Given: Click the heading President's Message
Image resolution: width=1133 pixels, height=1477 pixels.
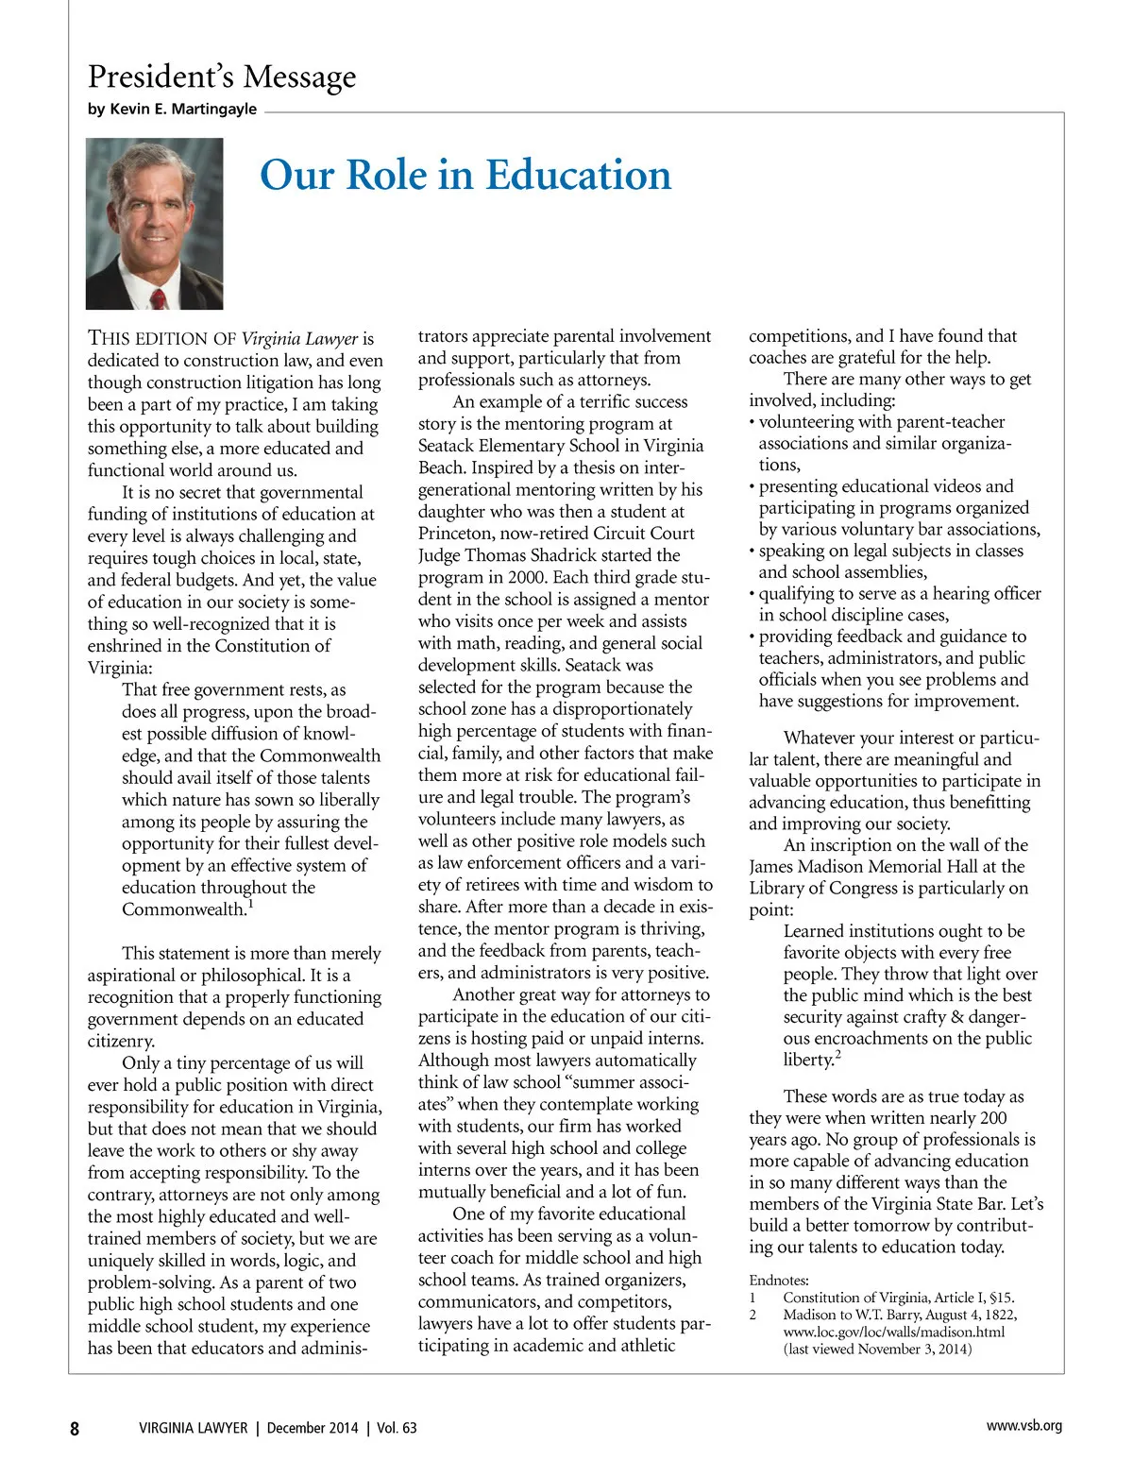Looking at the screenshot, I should (x=222, y=76).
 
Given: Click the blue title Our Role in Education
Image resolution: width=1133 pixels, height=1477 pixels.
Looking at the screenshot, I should (x=465, y=176).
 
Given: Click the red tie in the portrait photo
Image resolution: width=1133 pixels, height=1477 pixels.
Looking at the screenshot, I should (x=159, y=297).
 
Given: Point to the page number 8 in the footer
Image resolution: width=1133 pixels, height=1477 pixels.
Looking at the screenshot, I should (x=75, y=1428).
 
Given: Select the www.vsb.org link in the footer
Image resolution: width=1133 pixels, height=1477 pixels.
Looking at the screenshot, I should (x=1023, y=1426).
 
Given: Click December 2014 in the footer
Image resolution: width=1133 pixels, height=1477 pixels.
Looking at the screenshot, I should (x=313, y=1428).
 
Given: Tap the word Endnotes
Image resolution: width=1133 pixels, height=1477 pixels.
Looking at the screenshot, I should (x=779, y=1281).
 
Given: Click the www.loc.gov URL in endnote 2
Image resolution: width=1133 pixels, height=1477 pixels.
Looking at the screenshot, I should (x=893, y=1332).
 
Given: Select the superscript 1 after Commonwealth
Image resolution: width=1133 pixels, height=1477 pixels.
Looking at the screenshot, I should (x=250, y=904).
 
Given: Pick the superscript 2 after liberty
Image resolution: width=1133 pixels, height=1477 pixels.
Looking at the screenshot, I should (x=837, y=1055).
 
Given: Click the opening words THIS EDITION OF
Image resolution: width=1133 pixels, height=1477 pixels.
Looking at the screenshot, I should (x=161, y=338).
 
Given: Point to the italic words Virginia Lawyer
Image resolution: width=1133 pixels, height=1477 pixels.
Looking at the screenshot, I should (x=299, y=338).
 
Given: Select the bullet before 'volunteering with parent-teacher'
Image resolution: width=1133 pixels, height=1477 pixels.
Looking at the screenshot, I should (x=753, y=422).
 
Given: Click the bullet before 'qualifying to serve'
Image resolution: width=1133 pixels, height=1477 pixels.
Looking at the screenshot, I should (x=753, y=594).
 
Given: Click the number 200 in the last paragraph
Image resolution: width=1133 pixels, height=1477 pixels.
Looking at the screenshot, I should (x=993, y=1118).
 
